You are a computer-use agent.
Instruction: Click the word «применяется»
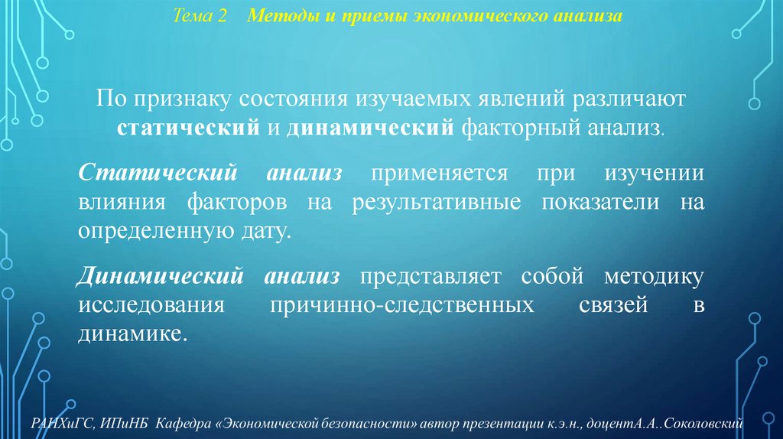440,173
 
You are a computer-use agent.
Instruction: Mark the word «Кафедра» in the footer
181,423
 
